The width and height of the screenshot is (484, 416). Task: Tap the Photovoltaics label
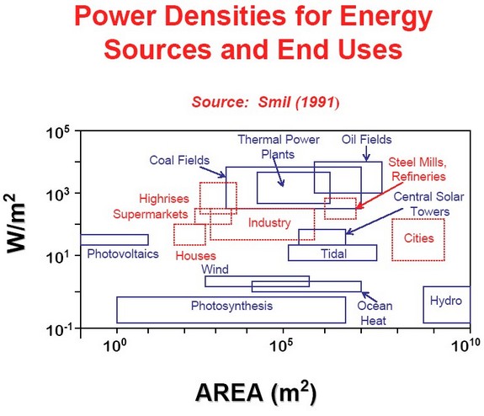coord(123,253)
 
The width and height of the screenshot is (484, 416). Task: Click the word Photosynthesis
coord(231,306)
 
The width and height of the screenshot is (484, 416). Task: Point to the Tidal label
coord(333,253)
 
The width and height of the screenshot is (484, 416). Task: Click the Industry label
coord(269,222)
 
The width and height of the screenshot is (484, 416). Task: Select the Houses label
coord(195,256)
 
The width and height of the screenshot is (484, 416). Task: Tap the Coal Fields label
coord(179,160)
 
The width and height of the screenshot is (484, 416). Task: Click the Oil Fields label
coord(366,140)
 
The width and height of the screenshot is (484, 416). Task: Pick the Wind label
coord(215,269)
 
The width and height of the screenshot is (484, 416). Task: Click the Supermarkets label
coord(151,214)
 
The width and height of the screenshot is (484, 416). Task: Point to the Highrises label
coord(164,199)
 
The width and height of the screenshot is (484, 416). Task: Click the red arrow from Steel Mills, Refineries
coord(379,196)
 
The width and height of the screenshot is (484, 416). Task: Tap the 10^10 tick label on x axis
coord(465,344)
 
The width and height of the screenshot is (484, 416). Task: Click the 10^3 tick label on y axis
coord(61,194)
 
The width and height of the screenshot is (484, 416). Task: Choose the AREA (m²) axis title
coord(256,392)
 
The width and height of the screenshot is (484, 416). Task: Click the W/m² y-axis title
coord(15,223)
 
